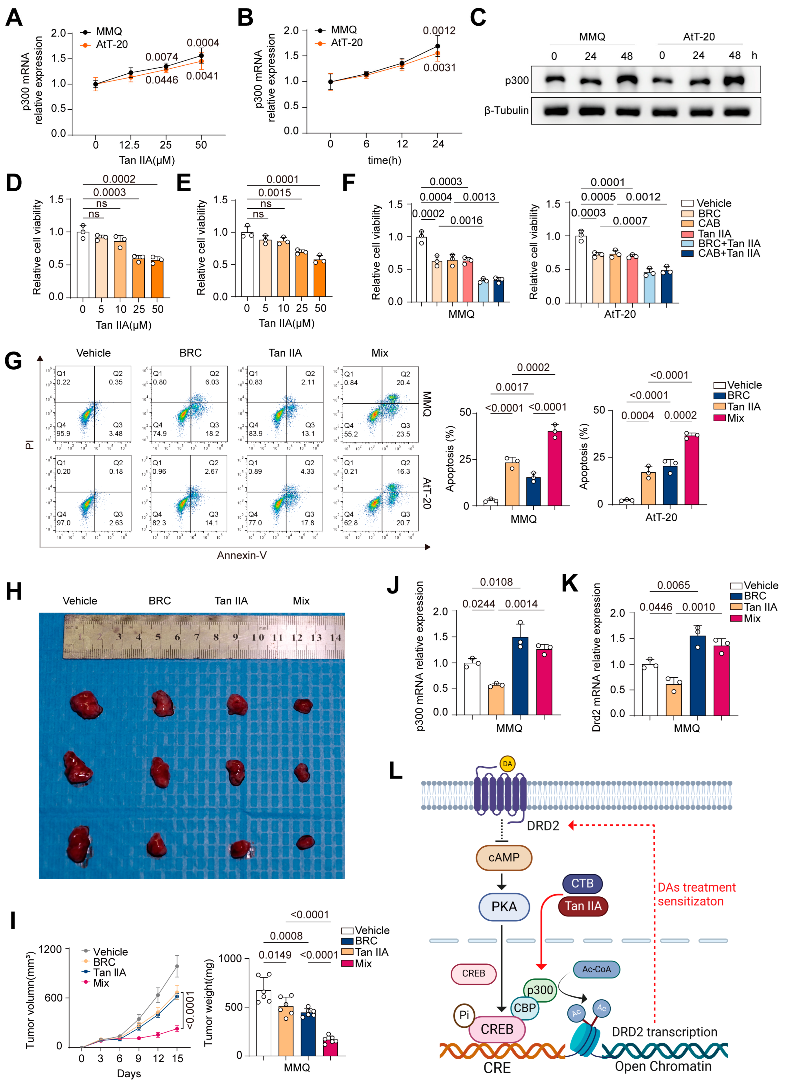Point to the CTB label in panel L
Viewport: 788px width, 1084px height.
tap(582, 883)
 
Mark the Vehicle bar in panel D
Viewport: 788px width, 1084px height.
tap(83, 264)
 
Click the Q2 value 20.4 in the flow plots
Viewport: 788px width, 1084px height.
tap(403, 382)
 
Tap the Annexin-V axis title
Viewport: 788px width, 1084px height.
tap(242, 555)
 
